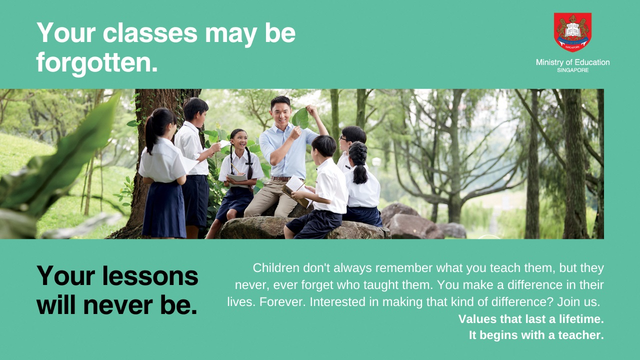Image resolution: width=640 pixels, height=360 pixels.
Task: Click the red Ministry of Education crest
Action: click(x=572, y=32)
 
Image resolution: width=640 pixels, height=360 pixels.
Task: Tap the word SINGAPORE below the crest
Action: click(x=572, y=70)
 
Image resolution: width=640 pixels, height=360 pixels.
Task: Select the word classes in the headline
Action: click(x=150, y=33)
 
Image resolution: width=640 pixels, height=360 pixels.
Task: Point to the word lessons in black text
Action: click(x=150, y=276)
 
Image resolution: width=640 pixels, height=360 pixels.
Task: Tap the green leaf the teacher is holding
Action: click(x=300, y=118)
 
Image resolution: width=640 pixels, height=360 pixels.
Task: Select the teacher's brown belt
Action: click(x=281, y=178)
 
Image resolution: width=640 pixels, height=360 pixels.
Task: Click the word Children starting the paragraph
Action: click(x=276, y=268)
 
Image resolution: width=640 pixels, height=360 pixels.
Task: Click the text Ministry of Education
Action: click(x=572, y=62)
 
